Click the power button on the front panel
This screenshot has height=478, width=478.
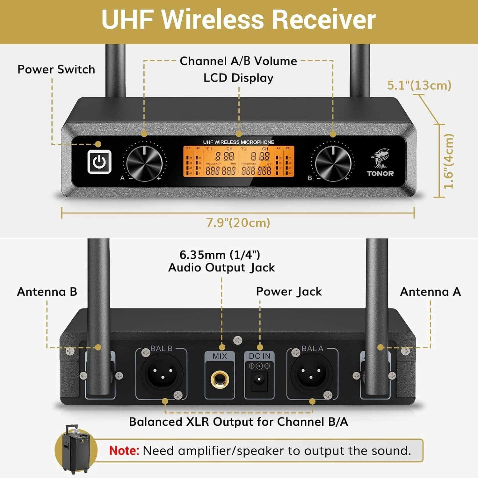(99, 162)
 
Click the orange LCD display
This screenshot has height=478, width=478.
(238, 161)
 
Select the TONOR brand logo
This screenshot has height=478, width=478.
(380, 163)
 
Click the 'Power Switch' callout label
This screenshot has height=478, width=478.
(56, 69)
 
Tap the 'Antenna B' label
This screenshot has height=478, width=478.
(47, 292)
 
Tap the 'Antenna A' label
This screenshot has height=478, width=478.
(430, 292)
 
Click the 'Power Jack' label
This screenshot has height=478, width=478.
(289, 292)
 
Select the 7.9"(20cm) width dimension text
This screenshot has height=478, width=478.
(238, 222)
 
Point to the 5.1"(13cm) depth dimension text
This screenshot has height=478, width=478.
(419, 85)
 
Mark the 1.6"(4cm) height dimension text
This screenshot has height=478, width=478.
(449, 161)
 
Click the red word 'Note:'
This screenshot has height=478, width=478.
(124, 451)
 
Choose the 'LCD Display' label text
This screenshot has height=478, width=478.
(238, 78)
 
